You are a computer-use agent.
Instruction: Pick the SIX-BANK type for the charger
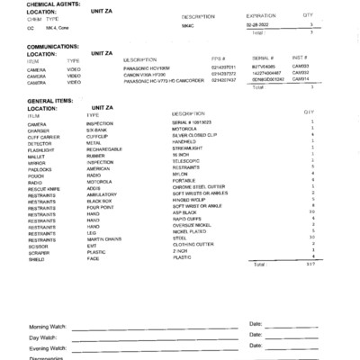coord(97,130)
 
